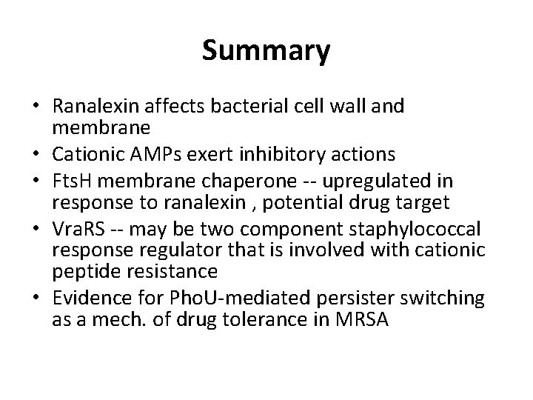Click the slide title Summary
coord(266,52)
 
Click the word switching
coord(446,299)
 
